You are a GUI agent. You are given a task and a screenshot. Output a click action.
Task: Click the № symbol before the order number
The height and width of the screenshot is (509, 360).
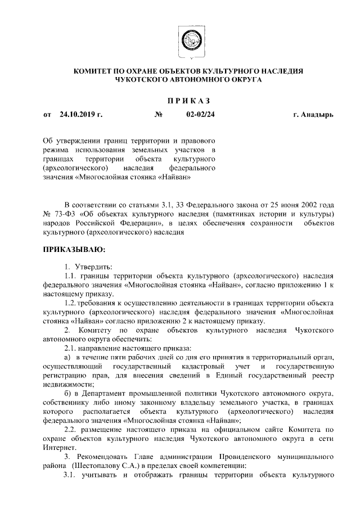[159, 115]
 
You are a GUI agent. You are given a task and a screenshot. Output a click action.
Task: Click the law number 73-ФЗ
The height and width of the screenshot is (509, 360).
[63, 214]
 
